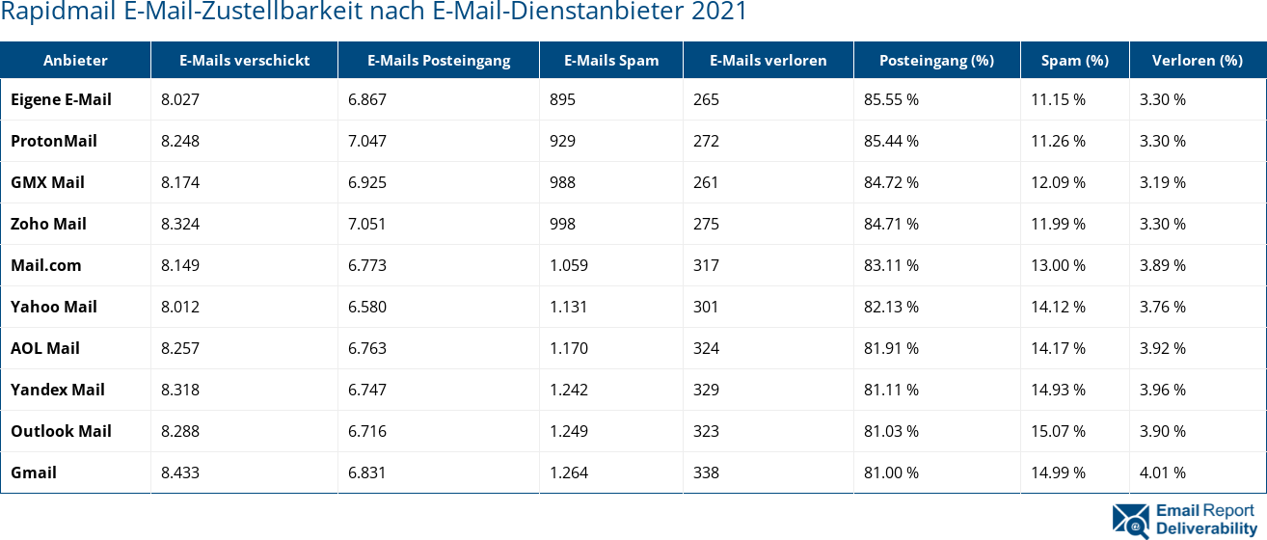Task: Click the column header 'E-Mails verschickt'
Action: click(244, 60)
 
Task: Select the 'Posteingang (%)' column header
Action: click(935, 60)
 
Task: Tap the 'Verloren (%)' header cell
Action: click(1197, 60)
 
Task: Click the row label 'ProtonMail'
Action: click(54, 141)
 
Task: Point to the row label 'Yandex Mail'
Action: click(58, 390)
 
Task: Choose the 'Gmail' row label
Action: click(34, 472)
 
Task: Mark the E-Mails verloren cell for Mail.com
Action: click(706, 265)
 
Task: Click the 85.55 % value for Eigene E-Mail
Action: click(891, 99)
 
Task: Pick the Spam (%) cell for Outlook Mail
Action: click(1058, 431)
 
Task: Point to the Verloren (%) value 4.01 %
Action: click(1163, 472)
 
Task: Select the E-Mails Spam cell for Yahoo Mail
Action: click(569, 307)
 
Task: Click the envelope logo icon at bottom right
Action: click(1130, 519)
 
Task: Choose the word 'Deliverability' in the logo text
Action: click(1205, 528)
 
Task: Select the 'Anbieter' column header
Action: click(75, 60)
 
